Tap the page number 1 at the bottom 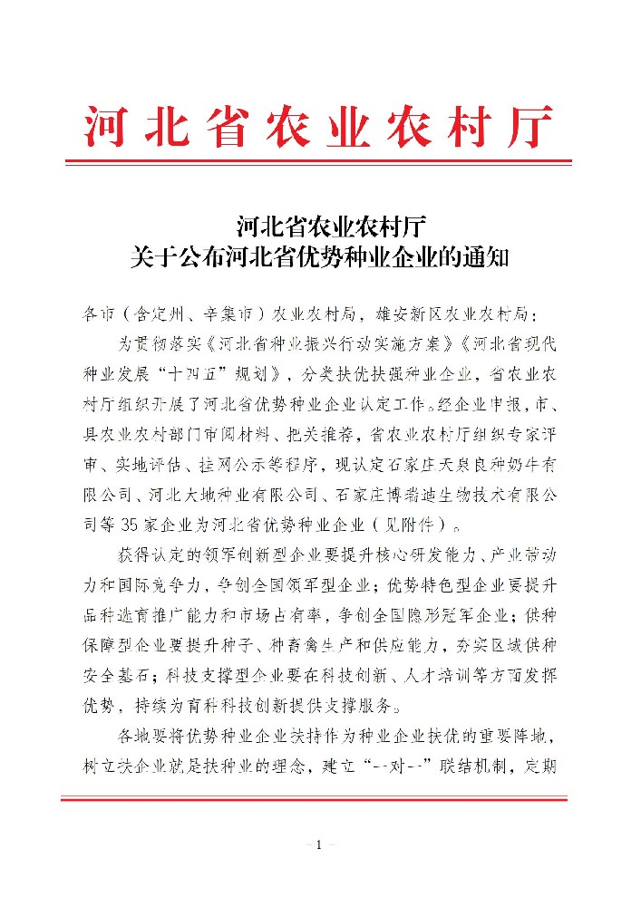click(320, 845)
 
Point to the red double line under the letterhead click(320, 163)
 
